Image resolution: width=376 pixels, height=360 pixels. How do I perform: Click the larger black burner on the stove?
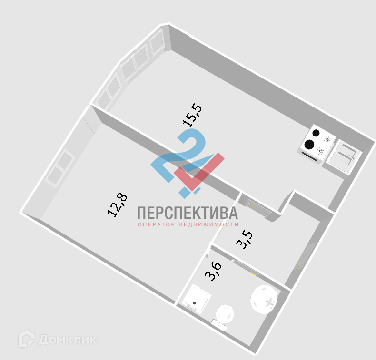click(x=309, y=144)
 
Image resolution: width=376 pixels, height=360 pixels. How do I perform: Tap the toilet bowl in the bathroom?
click(x=225, y=314)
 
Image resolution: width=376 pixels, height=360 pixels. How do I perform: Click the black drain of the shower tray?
click(x=194, y=303)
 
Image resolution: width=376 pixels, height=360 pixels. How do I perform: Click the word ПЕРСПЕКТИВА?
click(x=187, y=213)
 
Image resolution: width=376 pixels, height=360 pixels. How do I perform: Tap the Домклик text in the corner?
click(x=68, y=340)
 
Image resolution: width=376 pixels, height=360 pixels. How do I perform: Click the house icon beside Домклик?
click(x=27, y=339)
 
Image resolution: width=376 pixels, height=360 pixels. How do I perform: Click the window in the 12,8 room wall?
click(x=59, y=167)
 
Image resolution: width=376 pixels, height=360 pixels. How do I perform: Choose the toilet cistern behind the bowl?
click(x=219, y=325)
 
